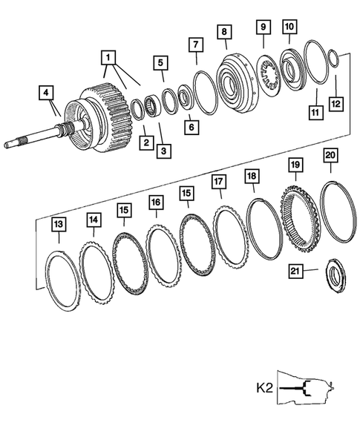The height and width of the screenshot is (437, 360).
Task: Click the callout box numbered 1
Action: point(108,56)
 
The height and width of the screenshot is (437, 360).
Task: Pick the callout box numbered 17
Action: point(218,182)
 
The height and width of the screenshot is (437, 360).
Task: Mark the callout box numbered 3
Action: point(163,149)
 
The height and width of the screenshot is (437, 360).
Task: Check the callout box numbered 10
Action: point(289,27)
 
